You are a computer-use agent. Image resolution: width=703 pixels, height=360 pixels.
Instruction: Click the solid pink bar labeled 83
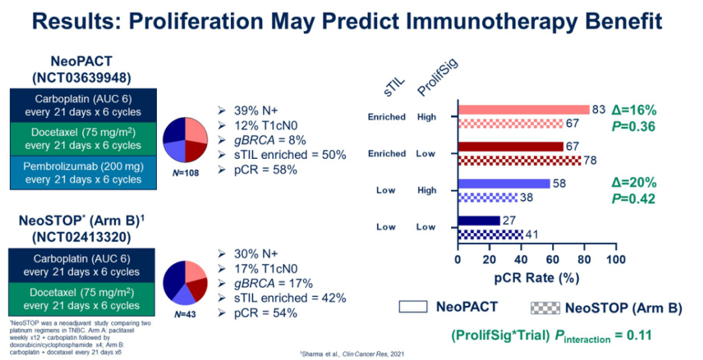[523, 110]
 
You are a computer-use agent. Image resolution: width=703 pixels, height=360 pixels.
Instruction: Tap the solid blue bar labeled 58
[504, 184]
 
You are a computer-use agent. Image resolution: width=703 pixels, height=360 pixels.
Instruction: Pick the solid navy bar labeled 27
[478, 220]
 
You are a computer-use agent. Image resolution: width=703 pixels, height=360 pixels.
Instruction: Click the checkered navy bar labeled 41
[489, 234]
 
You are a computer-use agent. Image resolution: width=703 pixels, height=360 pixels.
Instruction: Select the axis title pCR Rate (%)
[536, 278]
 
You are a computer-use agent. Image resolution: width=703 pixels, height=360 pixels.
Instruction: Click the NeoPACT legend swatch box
[413, 307]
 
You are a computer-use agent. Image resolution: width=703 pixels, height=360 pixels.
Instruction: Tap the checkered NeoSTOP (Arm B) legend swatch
[545, 307]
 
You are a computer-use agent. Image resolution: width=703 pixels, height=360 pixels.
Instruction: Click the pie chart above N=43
[185, 283]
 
